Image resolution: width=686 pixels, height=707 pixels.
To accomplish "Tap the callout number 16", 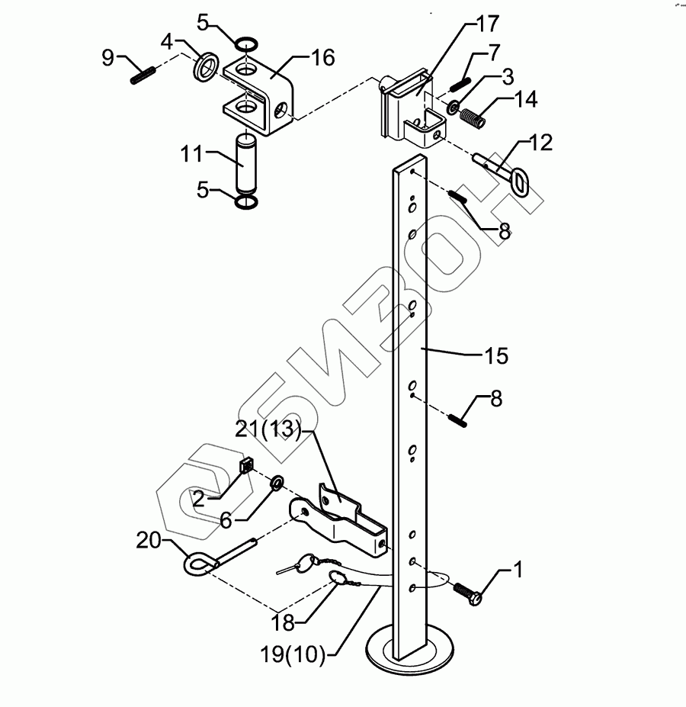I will coord(323,58).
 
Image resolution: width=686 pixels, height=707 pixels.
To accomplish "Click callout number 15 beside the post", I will coord(495,355).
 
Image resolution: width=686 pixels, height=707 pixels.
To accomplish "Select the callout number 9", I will coord(108,56).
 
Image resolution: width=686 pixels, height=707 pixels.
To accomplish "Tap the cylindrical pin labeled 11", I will coord(246,162).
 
